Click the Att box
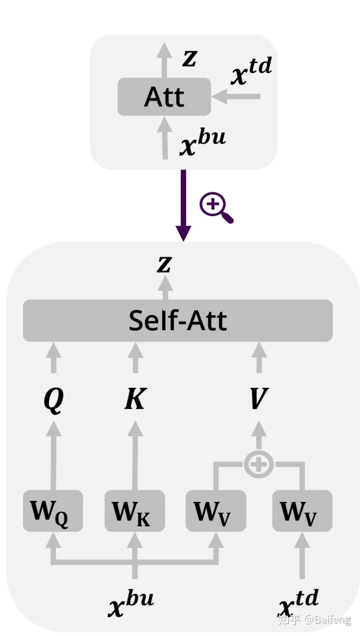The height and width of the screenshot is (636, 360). (x=164, y=97)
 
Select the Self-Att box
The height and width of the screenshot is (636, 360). (x=177, y=321)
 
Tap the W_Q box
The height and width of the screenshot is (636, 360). (x=52, y=511)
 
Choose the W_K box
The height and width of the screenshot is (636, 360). (x=134, y=511)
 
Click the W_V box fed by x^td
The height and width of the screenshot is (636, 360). (x=302, y=511)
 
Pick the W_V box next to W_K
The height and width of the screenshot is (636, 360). (x=215, y=511)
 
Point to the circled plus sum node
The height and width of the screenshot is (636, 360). (x=258, y=465)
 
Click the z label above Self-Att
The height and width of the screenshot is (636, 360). (x=164, y=265)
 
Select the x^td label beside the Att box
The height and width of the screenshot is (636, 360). (x=251, y=74)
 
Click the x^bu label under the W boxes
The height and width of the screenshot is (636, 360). (x=131, y=603)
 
